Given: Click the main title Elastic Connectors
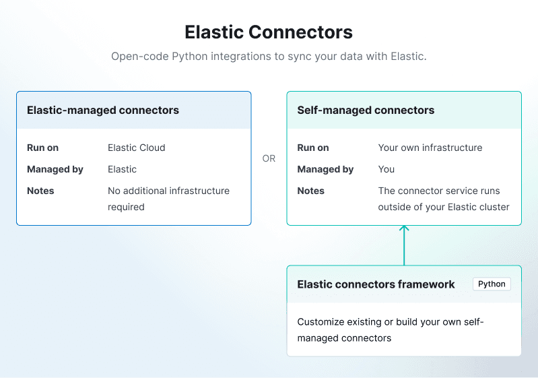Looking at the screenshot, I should [x=269, y=32].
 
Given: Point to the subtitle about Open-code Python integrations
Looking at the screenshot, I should [x=269, y=57].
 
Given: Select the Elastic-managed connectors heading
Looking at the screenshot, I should [x=103, y=110].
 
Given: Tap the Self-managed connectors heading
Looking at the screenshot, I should [x=366, y=110].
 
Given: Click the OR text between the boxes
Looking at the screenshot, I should [x=269, y=159].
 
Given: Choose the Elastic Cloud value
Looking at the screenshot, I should [x=136, y=148].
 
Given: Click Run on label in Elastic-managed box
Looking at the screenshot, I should [x=42, y=148].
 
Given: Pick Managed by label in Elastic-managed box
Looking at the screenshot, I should [x=55, y=169].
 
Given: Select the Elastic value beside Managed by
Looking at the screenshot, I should [x=122, y=169].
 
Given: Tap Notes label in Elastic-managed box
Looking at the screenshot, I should [x=40, y=191].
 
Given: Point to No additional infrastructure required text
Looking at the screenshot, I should [x=168, y=199].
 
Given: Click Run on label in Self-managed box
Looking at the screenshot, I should [x=313, y=148].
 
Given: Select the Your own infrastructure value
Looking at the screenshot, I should [x=430, y=148].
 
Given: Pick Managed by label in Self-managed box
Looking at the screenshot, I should [x=325, y=169].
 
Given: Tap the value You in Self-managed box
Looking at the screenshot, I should [x=386, y=169].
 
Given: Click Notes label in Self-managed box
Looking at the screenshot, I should [x=310, y=191].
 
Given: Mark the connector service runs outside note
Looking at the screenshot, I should [x=443, y=199].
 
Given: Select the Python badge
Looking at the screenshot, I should [x=492, y=284].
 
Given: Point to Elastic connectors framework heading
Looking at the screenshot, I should [x=376, y=284].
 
